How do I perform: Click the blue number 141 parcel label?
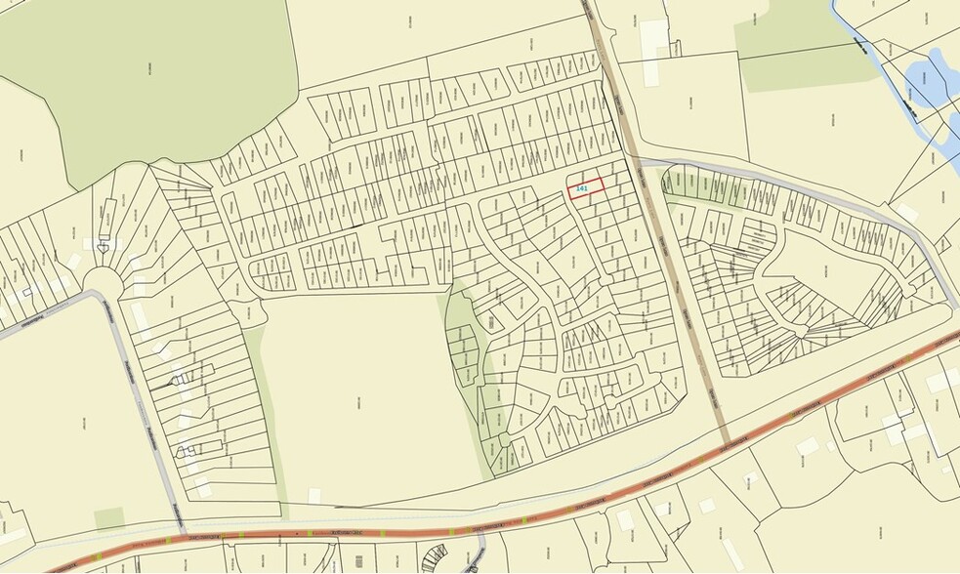582,186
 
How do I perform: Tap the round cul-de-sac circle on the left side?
102,282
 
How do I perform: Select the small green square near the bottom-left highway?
109,518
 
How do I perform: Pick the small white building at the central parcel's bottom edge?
315,496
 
